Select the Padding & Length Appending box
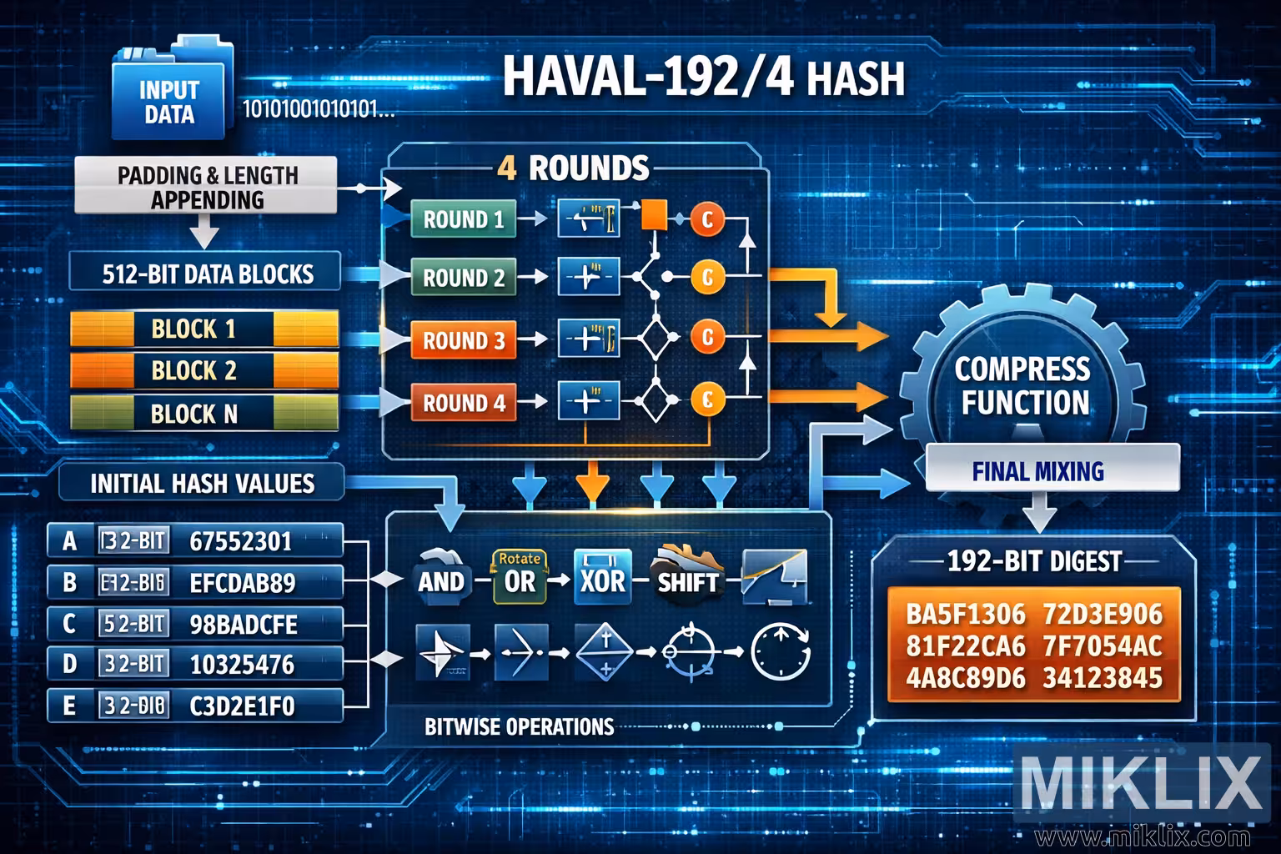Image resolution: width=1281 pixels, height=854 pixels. pos(207,187)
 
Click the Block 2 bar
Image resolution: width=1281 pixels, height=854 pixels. pos(203,370)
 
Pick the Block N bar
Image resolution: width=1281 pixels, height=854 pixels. pos(203,413)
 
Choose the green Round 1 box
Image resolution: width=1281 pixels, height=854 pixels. pos(463,219)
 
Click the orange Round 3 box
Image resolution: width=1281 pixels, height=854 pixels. pos(463,340)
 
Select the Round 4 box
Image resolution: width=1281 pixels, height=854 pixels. pos(463,403)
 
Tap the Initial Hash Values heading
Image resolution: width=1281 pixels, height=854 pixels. pos(202,484)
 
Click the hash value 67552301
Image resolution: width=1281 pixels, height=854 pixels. pos(241,541)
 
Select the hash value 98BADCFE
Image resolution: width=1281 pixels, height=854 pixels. pos(244,624)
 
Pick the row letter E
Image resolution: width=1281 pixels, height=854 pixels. pos(69,706)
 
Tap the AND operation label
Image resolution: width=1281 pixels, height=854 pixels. pos(440,580)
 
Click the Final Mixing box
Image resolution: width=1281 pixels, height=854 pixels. pos(1037,471)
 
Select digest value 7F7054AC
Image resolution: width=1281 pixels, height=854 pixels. pos(1103,646)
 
